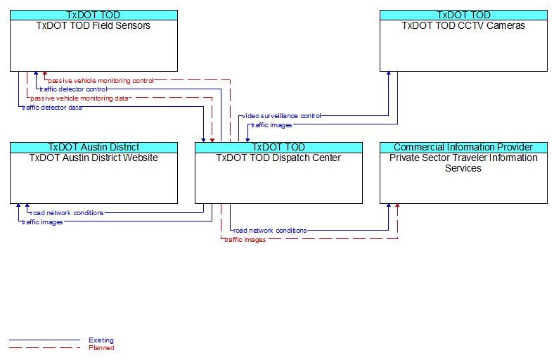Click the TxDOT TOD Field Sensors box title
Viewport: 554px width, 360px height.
(94, 26)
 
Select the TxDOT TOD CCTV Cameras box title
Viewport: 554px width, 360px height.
(463, 26)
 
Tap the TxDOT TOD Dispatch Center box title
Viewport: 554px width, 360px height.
(278, 158)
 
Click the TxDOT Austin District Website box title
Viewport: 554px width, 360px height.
(94, 158)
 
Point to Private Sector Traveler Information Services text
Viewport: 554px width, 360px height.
(463, 163)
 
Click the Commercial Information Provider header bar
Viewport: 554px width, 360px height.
(463, 147)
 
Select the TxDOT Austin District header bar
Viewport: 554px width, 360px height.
(94, 147)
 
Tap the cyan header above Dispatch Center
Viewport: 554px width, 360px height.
(278, 147)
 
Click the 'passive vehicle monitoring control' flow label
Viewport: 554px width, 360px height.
(101, 81)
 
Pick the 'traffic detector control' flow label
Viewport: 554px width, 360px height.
(73, 89)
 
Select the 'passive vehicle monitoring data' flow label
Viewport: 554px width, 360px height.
(79, 98)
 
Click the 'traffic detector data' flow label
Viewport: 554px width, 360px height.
(52, 108)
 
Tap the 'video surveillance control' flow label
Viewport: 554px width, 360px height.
(281, 115)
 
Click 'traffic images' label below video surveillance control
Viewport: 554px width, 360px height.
(271, 125)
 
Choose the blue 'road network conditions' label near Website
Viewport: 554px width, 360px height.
(67, 213)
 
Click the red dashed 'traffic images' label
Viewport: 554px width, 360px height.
(245, 240)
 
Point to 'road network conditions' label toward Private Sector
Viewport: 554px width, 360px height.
(270, 231)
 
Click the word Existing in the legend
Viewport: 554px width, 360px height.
(101, 340)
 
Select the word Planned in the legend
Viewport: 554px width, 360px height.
(101, 347)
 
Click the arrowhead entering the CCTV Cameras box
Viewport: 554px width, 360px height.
(388, 74)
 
